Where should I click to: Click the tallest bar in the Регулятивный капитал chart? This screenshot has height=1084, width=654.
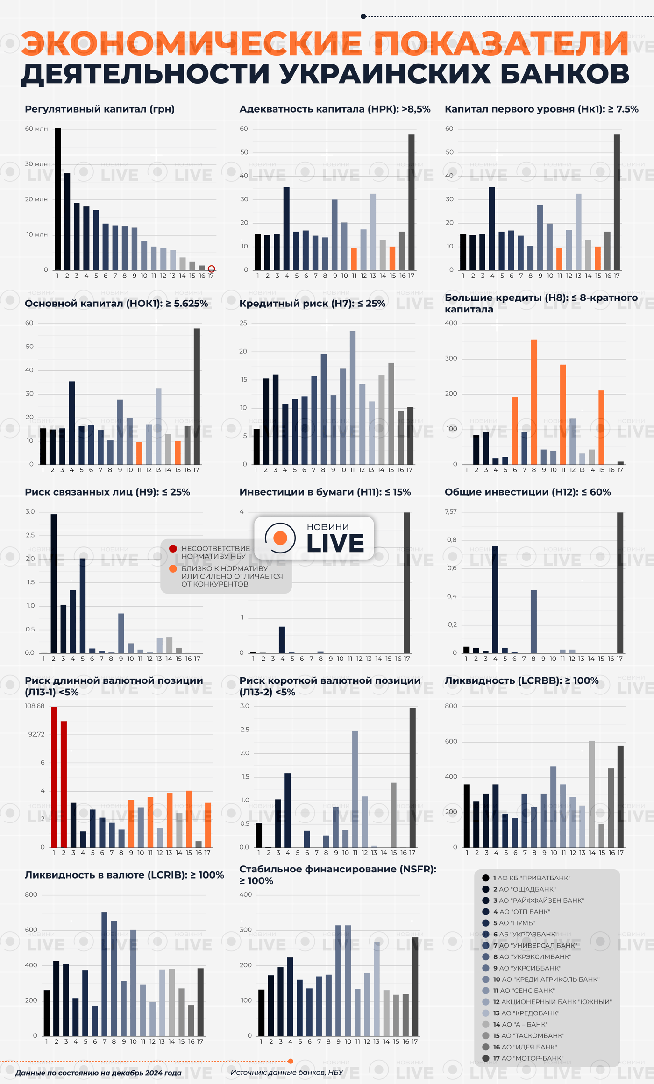(x=58, y=199)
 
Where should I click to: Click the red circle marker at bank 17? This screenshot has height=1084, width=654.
(x=211, y=269)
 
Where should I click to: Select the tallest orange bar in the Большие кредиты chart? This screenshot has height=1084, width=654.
(x=534, y=402)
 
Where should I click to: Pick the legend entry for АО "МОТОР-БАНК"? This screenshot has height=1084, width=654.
(x=528, y=1058)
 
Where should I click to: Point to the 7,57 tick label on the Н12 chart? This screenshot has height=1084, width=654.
(x=451, y=512)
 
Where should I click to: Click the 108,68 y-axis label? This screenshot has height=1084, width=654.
(x=35, y=706)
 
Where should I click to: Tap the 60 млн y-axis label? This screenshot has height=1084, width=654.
(x=36, y=128)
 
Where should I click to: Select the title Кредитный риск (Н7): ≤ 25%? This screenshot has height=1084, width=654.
(x=312, y=304)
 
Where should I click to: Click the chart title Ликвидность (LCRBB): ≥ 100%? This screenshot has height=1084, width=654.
(x=521, y=680)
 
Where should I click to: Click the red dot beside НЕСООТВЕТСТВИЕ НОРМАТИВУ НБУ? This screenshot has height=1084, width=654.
(x=173, y=548)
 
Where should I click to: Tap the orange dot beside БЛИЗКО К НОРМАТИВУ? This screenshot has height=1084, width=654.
(x=173, y=568)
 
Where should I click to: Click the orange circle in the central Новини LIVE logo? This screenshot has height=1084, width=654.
(x=280, y=538)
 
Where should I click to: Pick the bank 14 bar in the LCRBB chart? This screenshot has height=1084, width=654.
(x=592, y=794)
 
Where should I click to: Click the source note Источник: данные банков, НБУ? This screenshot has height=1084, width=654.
(x=287, y=1072)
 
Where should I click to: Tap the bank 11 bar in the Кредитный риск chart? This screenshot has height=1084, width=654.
(x=353, y=397)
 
